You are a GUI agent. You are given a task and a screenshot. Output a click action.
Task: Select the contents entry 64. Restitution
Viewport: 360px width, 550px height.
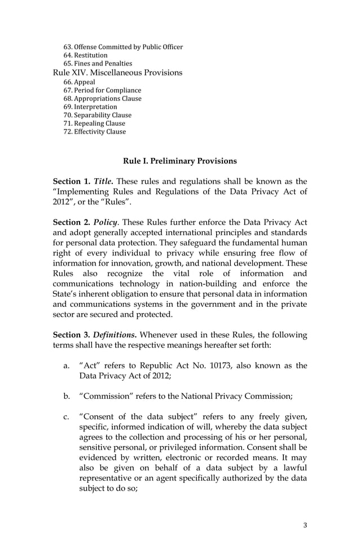click(85, 55)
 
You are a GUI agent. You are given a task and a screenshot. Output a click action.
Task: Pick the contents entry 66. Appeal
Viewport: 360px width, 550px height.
click(80, 82)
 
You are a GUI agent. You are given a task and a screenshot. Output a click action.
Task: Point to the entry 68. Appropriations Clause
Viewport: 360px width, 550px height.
click(102, 99)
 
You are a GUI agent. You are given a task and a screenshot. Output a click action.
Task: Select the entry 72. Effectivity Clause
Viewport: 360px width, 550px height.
click(95, 132)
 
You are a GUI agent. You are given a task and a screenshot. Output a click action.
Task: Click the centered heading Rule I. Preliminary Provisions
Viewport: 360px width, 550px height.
click(180, 161)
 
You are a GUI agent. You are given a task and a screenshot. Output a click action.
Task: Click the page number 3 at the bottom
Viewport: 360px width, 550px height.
click(305, 526)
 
